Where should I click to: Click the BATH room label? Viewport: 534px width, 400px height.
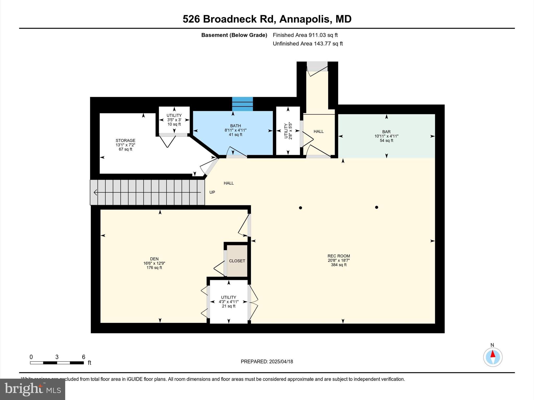pyautogui.click(x=235, y=126)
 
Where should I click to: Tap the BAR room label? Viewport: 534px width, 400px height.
pyautogui.click(x=386, y=132)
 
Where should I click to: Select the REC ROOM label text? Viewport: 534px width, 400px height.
pyautogui.click(x=339, y=256)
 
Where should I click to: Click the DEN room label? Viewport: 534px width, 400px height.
pyautogui.click(x=154, y=259)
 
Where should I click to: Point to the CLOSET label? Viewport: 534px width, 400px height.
pyautogui.click(x=237, y=261)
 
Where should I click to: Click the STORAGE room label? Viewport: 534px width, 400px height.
pyautogui.click(x=125, y=141)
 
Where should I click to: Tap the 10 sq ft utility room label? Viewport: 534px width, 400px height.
pyautogui.click(x=174, y=120)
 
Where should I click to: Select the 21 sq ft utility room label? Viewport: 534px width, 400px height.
pyautogui.click(x=229, y=302)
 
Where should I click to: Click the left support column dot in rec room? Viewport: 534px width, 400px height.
pyautogui.click(x=300, y=208)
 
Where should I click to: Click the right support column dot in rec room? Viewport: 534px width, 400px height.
pyautogui.click(x=377, y=207)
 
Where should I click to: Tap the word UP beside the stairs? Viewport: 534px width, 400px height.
pyautogui.click(x=212, y=192)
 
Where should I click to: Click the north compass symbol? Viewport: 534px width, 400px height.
pyautogui.click(x=493, y=357)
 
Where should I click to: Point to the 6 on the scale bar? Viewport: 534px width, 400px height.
pyautogui.click(x=83, y=357)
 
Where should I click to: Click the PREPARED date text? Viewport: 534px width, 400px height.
pyautogui.click(x=267, y=361)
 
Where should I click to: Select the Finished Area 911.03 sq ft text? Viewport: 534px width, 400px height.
pyautogui.click(x=305, y=35)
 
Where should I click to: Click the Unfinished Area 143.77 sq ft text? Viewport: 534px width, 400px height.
pyautogui.click(x=308, y=44)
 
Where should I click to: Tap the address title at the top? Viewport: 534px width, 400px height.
pyautogui.click(x=267, y=19)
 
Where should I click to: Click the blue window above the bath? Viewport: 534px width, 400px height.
pyautogui.click(x=242, y=104)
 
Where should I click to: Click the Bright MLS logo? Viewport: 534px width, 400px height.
pyautogui.click(x=33, y=389)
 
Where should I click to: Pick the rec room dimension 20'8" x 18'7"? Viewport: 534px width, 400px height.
pyautogui.click(x=339, y=260)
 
